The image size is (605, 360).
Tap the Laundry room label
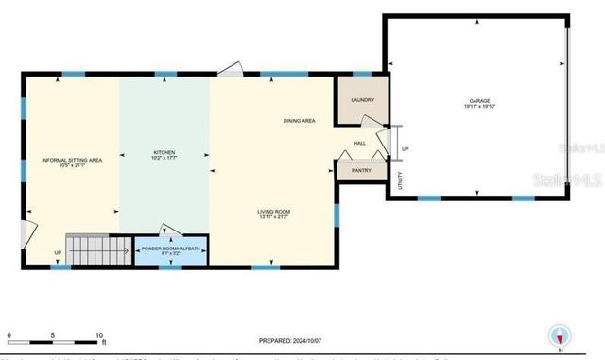pos(363,100)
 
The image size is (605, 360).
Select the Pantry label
pos(361,170)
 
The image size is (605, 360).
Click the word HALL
pos(360,143)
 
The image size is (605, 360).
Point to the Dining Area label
pos(300,121)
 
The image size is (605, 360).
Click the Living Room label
pos(273,213)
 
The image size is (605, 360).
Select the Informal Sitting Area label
pos(72,163)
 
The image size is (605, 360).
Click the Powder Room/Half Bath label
pos(172,250)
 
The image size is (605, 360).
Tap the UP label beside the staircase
pos(58,252)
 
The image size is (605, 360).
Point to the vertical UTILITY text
pos(400,180)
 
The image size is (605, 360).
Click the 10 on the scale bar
pos(99,335)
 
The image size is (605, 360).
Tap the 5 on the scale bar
pos(53,335)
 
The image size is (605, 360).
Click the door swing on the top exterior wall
pos(232,68)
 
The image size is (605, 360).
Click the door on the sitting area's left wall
pos(29,231)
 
